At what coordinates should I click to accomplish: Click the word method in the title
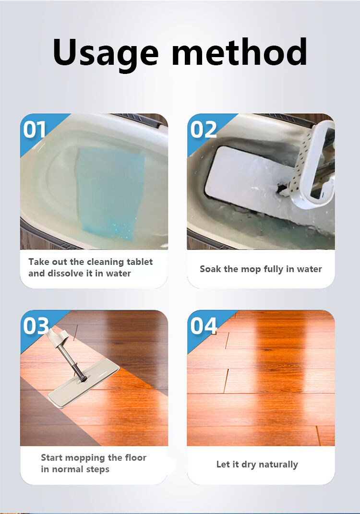pyautogui.click(x=240, y=52)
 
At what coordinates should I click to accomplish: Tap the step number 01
pyautogui.click(x=34, y=130)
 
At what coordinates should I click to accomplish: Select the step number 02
pyautogui.click(x=203, y=130)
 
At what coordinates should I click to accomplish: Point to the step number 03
pyautogui.click(x=36, y=326)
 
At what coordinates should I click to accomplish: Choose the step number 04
pyautogui.click(x=204, y=326)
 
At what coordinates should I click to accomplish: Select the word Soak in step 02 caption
pyautogui.click(x=210, y=269)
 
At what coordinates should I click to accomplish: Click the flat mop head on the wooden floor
pyautogui.click(x=84, y=383)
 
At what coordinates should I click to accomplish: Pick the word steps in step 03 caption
pyautogui.click(x=98, y=469)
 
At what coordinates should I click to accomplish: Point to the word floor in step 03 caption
pyautogui.click(x=136, y=457)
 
